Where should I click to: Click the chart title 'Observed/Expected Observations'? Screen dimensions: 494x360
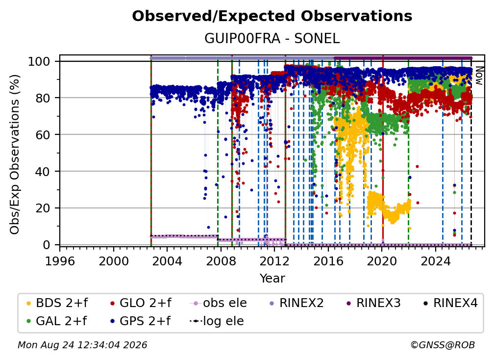click(x=272, y=16)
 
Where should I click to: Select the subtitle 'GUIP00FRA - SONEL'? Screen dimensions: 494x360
click(x=272, y=39)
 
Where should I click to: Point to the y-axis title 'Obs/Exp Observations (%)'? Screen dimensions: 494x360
click(x=15, y=154)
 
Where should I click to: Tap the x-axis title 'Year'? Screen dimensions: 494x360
click(x=272, y=279)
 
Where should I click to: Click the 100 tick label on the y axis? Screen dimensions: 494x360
click(x=39, y=61)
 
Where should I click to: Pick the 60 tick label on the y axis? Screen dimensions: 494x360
click(x=43, y=135)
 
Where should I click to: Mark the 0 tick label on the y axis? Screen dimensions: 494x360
click(x=47, y=245)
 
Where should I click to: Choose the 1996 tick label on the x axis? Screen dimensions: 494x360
click(x=60, y=261)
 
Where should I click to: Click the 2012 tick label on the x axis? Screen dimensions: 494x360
click(x=274, y=261)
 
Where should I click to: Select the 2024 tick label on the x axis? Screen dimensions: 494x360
click(x=435, y=261)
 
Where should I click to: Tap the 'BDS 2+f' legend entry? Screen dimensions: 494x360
click(x=57, y=303)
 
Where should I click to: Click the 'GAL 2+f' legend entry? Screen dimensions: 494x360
click(x=56, y=321)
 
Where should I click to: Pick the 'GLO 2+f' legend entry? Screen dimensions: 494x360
click(x=141, y=303)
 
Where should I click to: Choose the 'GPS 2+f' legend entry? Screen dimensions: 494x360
click(x=140, y=321)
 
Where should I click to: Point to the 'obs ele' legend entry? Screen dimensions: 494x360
click(x=219, y=303)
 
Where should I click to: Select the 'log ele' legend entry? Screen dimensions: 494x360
click(x=217, y=321)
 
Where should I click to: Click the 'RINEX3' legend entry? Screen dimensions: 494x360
click(x=373, y=303)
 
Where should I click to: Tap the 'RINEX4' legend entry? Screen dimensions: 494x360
click(x=450, y=303)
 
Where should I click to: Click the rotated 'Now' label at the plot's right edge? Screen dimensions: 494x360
click(x=479, y=76)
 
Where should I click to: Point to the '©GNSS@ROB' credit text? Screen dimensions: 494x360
click(x=443, y=345)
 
